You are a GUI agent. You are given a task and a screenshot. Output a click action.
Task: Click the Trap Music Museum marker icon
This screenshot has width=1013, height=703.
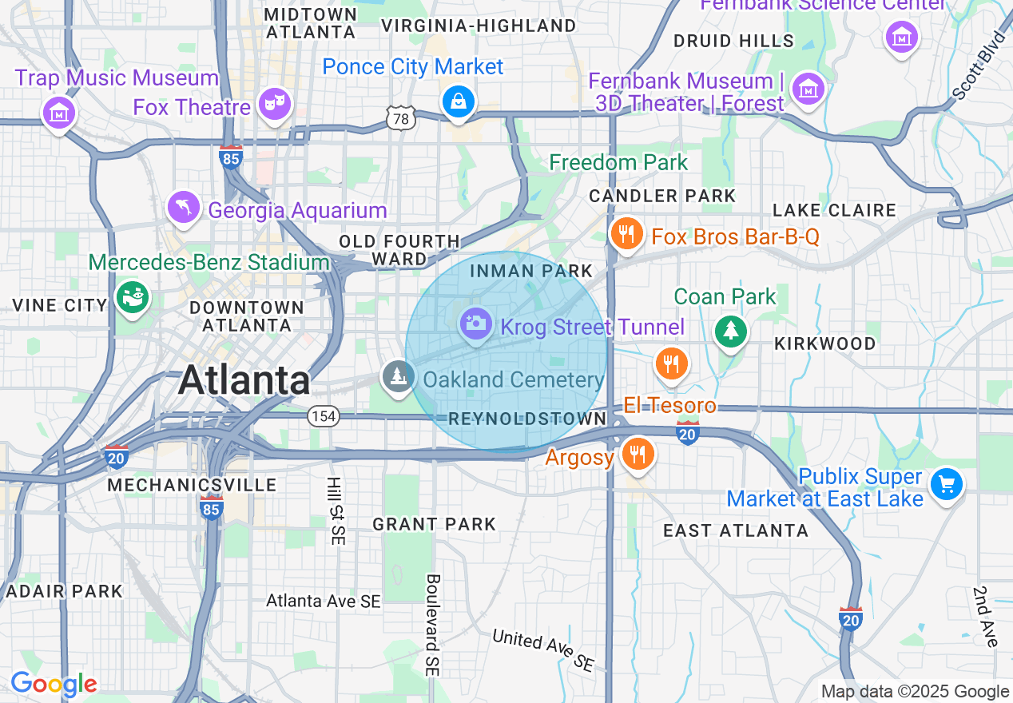[60, 113]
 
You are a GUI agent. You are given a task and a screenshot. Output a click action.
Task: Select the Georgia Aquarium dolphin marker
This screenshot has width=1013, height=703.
[184, 208]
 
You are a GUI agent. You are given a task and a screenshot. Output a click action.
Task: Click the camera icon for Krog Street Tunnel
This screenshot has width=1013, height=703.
[476, 324]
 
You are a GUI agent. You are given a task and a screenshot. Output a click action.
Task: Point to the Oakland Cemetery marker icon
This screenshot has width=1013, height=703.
[397, 376]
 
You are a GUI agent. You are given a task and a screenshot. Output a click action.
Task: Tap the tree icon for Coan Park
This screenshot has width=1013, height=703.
[730, 330]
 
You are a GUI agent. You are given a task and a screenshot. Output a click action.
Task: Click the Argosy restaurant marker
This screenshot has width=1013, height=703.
[638, 453]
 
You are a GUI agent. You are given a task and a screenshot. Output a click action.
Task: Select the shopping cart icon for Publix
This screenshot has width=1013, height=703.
[947, 484]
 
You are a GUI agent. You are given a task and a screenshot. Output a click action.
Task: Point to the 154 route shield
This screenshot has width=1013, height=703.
[324, 416]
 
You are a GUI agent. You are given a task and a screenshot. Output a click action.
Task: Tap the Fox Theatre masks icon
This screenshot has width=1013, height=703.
[275, 105]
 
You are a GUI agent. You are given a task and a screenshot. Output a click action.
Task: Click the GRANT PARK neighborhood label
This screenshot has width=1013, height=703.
[435, 524]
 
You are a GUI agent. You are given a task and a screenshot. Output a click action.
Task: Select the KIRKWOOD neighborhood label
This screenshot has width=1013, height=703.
[825, 344]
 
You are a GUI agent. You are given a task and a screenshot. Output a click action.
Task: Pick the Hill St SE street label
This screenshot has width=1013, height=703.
[335, 511]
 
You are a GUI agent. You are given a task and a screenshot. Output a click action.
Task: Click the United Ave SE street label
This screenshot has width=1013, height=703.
[543, 649]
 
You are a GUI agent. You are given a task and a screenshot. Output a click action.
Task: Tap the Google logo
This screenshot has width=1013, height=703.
[54, 685]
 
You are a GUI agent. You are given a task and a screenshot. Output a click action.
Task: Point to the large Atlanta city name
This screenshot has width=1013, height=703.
[244, 379]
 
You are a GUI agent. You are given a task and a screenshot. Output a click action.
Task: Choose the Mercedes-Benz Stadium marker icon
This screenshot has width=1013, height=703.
[132, 297]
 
